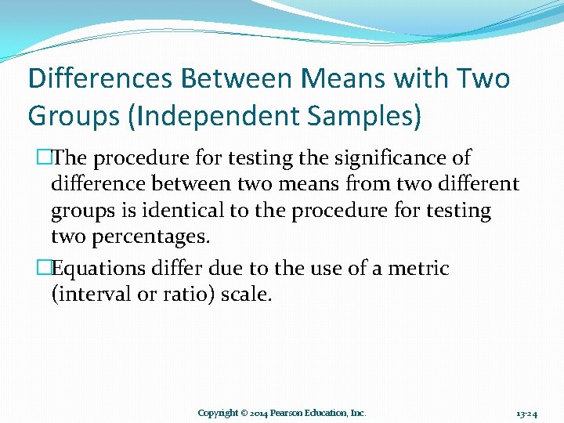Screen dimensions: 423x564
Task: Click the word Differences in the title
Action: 99,79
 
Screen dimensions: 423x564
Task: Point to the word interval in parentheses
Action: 94,295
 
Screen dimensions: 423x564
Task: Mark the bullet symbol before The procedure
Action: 45,157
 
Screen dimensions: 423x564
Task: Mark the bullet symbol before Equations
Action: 45,269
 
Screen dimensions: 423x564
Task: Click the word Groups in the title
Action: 67,116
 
